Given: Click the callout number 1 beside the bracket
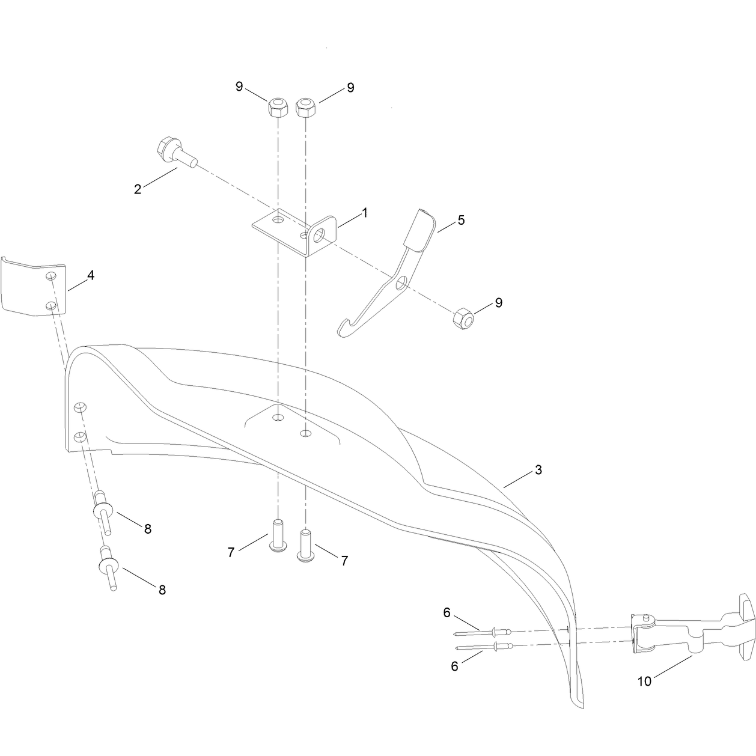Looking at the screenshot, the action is tap(365, 213).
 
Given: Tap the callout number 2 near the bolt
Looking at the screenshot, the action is tap(137, 189).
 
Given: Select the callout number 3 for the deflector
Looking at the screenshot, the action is tap(538, 469).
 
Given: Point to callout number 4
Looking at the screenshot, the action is tap(91, 275).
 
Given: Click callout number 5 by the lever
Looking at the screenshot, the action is tap(461, 220).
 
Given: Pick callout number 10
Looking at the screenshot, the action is tap(644, 681).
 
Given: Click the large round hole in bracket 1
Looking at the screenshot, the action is tap(319, 236).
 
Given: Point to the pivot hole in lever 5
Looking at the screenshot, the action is tap(401, 282).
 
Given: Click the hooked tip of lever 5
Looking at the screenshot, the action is tap(342, 328).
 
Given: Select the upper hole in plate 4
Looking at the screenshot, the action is tap(51, 276).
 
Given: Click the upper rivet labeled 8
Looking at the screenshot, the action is tap(102, 511).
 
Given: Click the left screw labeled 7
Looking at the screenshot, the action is tap(278, 536).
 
